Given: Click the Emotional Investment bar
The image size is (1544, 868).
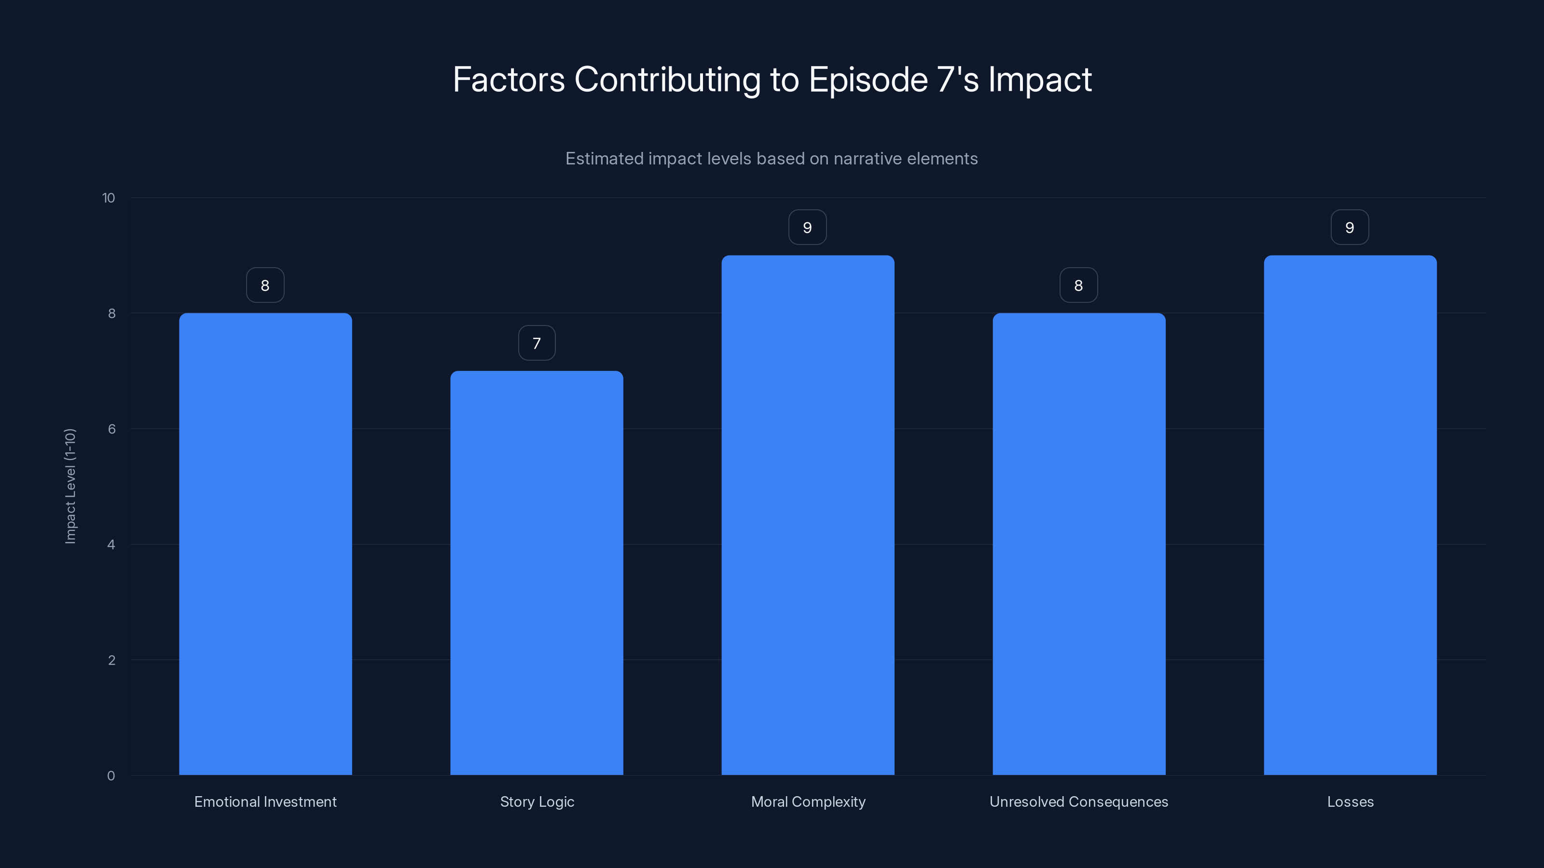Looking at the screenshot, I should (265, 544).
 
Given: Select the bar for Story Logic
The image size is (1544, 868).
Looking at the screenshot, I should (537, 573).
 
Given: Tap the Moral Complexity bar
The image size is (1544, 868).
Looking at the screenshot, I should (807, 515).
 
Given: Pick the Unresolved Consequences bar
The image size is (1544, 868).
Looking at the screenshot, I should (1079, 544).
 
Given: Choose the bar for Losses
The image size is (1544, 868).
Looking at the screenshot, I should (1350, 515).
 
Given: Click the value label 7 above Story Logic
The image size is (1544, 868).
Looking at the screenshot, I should (537, 343).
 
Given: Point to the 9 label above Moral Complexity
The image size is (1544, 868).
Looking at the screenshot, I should (807, 228).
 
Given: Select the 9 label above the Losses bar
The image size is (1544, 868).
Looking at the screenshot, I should (1350, 228).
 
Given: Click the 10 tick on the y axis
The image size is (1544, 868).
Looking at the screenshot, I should (109, 198).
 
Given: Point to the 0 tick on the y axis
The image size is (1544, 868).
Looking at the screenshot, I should (111, 776).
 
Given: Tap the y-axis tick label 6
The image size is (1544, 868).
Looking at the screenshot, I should (111, 429).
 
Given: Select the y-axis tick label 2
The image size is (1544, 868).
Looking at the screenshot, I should (111, 660).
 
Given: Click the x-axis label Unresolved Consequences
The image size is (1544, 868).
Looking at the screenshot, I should (1078, 802).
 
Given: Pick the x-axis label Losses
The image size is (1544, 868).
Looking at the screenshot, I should (1350, 802).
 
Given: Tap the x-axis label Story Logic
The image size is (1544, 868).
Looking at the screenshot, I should (537, 802).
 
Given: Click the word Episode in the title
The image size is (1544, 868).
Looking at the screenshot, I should (868, 80).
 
